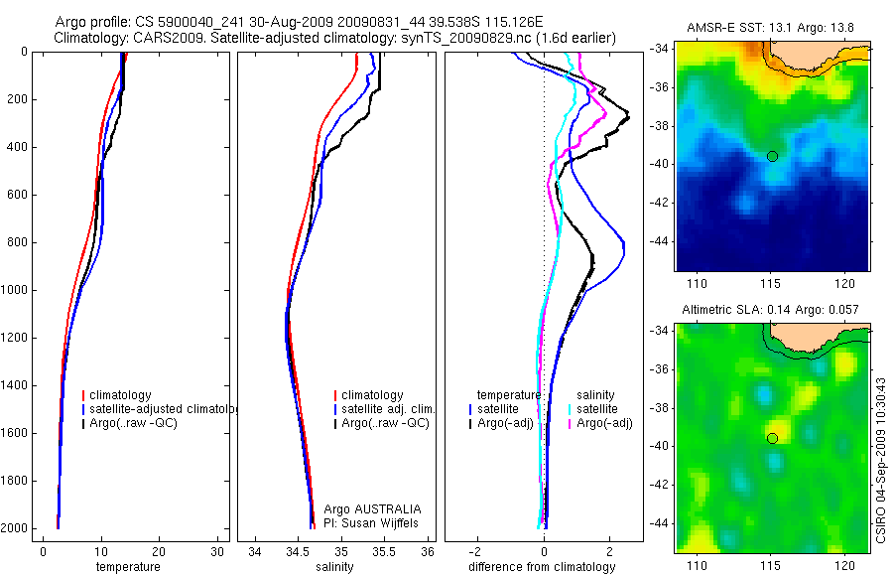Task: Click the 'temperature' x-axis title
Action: [x=127, y=567]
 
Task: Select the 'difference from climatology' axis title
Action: [x=543, y=567]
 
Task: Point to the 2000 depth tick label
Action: [x=16, y=528]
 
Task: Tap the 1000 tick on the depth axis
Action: [x=16, y=291]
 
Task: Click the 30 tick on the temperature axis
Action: [x=217, y=551]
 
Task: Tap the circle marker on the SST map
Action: [x=772, y=156]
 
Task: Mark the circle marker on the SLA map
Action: [x=772, y=438]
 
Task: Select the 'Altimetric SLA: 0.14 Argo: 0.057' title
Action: [x=772, y=311]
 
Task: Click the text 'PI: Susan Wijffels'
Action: [x=373, y=522]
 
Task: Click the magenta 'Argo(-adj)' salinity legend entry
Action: [x=605, y=423]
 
